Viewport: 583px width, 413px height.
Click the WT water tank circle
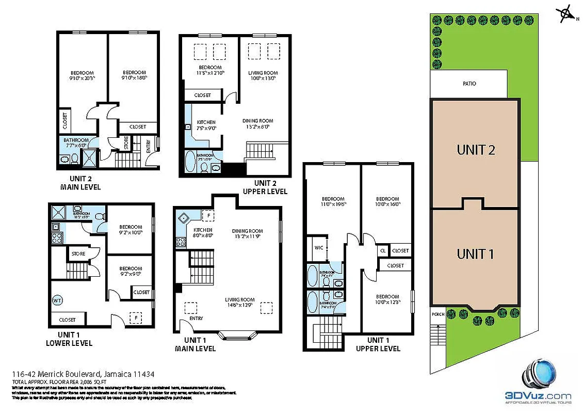pyautogui.click(x=57, y=299)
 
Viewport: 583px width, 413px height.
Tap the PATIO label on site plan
pyautogui.click(x=469, y=84)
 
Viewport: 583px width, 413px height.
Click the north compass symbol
pyautogui.click(x=566, y=14)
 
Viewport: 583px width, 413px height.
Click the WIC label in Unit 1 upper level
pyautogui.click(x=318, y=248)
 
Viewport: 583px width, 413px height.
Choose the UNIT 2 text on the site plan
pyautogui.click(x=476, y=150)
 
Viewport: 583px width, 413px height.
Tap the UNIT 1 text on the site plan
pyautogui.click(x=475, y=254)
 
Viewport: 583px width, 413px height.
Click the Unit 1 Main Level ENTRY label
pyautogui.click(x=196, y=319)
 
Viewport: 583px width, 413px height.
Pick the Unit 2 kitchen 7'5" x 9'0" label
pyautogui.click(x=206, y=125)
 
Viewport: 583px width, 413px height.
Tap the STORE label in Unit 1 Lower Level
pyautogui.click(x=78, y=254)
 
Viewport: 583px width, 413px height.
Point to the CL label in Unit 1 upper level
pyautogui.click(x=382, y=250)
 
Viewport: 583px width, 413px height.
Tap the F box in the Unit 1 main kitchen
pyautogui.click(x=208, y=215)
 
